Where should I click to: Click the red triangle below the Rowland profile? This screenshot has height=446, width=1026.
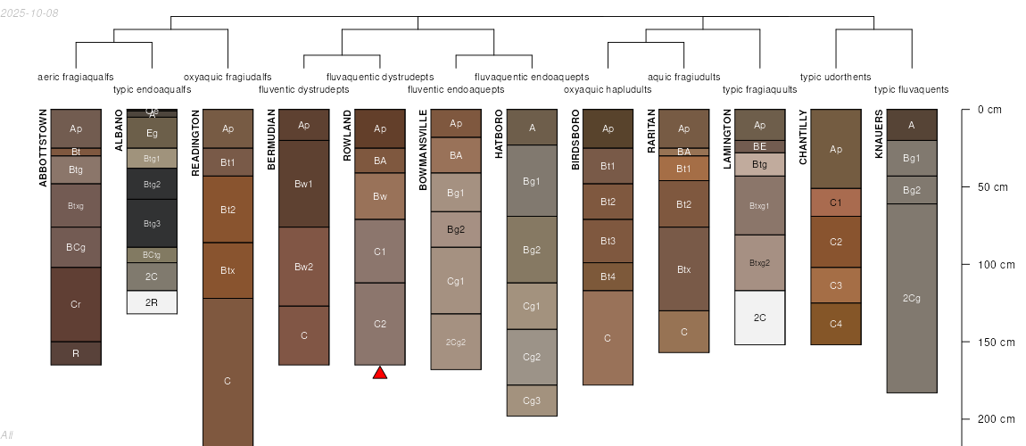380,373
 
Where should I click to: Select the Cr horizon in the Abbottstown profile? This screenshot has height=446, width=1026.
76,304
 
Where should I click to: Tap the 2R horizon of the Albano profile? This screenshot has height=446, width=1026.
152,302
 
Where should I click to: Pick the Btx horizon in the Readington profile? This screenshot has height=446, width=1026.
228,270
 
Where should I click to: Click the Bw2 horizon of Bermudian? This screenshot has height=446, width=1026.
304,267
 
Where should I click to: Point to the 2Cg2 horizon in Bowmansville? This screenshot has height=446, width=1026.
456,342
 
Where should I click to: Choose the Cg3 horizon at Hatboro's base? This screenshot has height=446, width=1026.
532,401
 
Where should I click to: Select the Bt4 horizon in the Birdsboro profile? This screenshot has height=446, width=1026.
608,277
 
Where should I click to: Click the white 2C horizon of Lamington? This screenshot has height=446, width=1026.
759,318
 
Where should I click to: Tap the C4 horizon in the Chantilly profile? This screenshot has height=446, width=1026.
836,324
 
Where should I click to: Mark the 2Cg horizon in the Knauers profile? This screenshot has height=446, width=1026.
911,298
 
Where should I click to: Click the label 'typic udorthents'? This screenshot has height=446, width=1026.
835,77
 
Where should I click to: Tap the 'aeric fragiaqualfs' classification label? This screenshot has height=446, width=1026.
76,77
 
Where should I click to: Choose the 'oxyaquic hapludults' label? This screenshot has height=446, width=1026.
608,89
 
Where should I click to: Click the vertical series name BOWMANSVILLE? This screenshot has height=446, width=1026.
423,150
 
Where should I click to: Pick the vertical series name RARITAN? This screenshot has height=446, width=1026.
651,136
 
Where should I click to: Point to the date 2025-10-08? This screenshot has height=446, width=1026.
29,12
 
